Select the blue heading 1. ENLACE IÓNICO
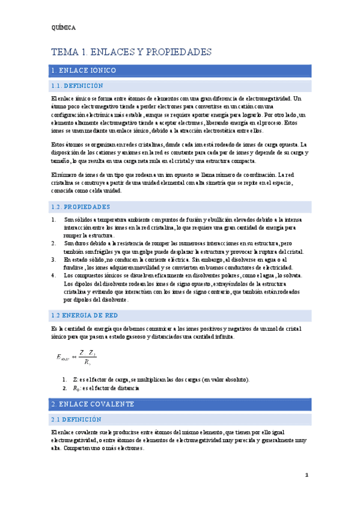pyautogui.click(x=84, y=70)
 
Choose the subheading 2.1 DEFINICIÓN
pyautogui.click(x=76, y=419)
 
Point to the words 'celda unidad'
pyautogui.click(x=104, y=191)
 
